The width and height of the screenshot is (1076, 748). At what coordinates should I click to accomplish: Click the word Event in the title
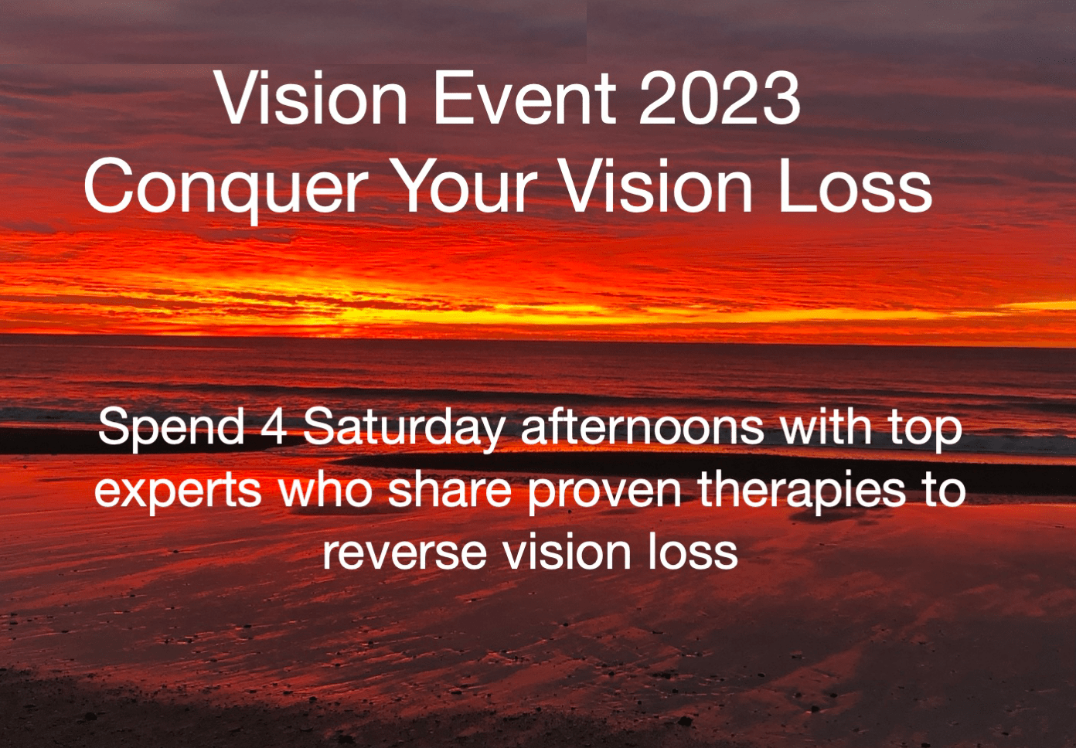point(525,99)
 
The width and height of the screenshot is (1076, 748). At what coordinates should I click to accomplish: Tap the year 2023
point(720,99)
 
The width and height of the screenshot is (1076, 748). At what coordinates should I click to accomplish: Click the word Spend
point(171,429)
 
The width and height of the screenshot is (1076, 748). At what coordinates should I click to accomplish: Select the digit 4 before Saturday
point(274,427)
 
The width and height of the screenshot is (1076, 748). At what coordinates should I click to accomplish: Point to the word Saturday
point(404,429)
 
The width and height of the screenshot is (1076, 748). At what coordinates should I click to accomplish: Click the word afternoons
point(642,427)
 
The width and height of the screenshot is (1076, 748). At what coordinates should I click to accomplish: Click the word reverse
point(404,552)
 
